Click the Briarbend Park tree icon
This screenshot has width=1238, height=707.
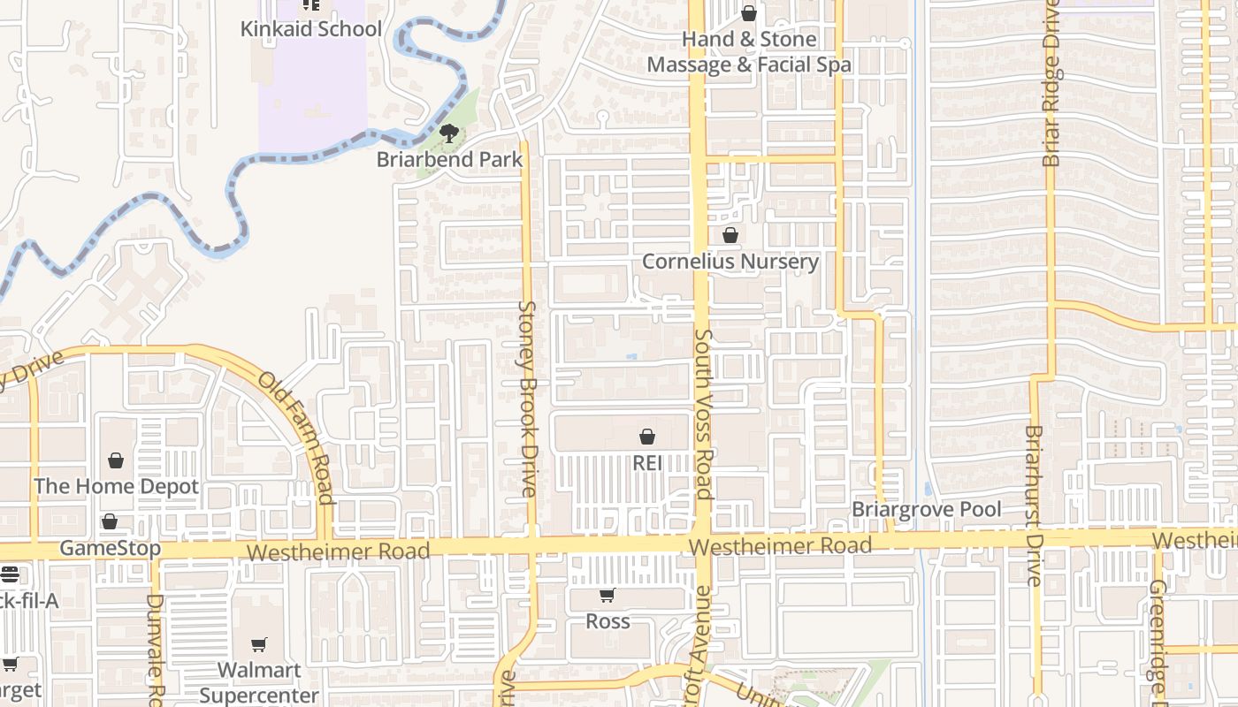pos(449,133)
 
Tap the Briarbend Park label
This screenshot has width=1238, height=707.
pos(449,160)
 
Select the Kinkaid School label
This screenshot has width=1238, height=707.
pos(310,29)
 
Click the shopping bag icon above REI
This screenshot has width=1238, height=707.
pos(647,437)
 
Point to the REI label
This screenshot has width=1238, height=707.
pos(647,463)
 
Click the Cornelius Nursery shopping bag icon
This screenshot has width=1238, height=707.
pos(730,235)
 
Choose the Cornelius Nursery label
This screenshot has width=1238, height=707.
pos(730,262)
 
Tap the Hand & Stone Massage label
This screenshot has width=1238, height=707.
pos(749,52)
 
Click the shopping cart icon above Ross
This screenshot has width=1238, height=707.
pos(608,596)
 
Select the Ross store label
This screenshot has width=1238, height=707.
pos(608,621)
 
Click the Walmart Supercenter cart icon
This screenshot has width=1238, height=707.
pos(259,645)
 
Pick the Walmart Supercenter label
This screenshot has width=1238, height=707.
pos(259,682)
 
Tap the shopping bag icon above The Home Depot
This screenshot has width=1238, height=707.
pos(116,460)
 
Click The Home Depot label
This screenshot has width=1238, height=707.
pos(116,486)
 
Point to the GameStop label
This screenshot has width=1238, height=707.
pos(111,548)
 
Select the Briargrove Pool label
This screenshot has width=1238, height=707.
pos(926,510)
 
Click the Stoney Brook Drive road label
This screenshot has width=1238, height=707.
pos(527,398)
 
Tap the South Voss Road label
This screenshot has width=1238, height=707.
pos(704,414)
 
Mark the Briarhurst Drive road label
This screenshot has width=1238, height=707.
pos(1034,506)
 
